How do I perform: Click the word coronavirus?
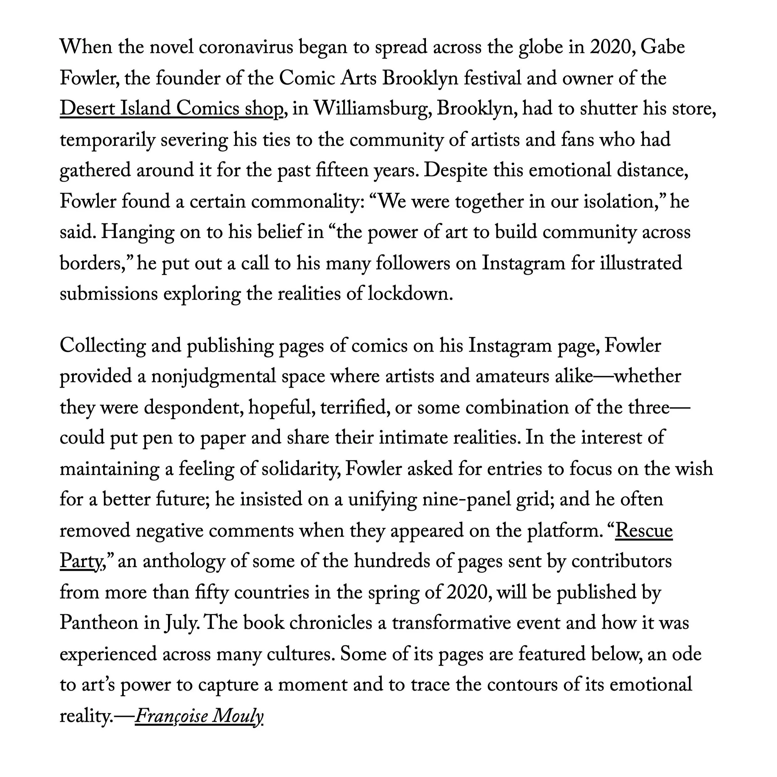point(246,47)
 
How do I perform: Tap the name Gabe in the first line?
point(662,47)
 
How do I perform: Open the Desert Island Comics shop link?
point(171,109)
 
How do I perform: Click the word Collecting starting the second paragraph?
point(102,346)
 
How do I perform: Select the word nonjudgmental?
point(213,377)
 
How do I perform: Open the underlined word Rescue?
point(644,531)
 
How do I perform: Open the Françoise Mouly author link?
point(199,716)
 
